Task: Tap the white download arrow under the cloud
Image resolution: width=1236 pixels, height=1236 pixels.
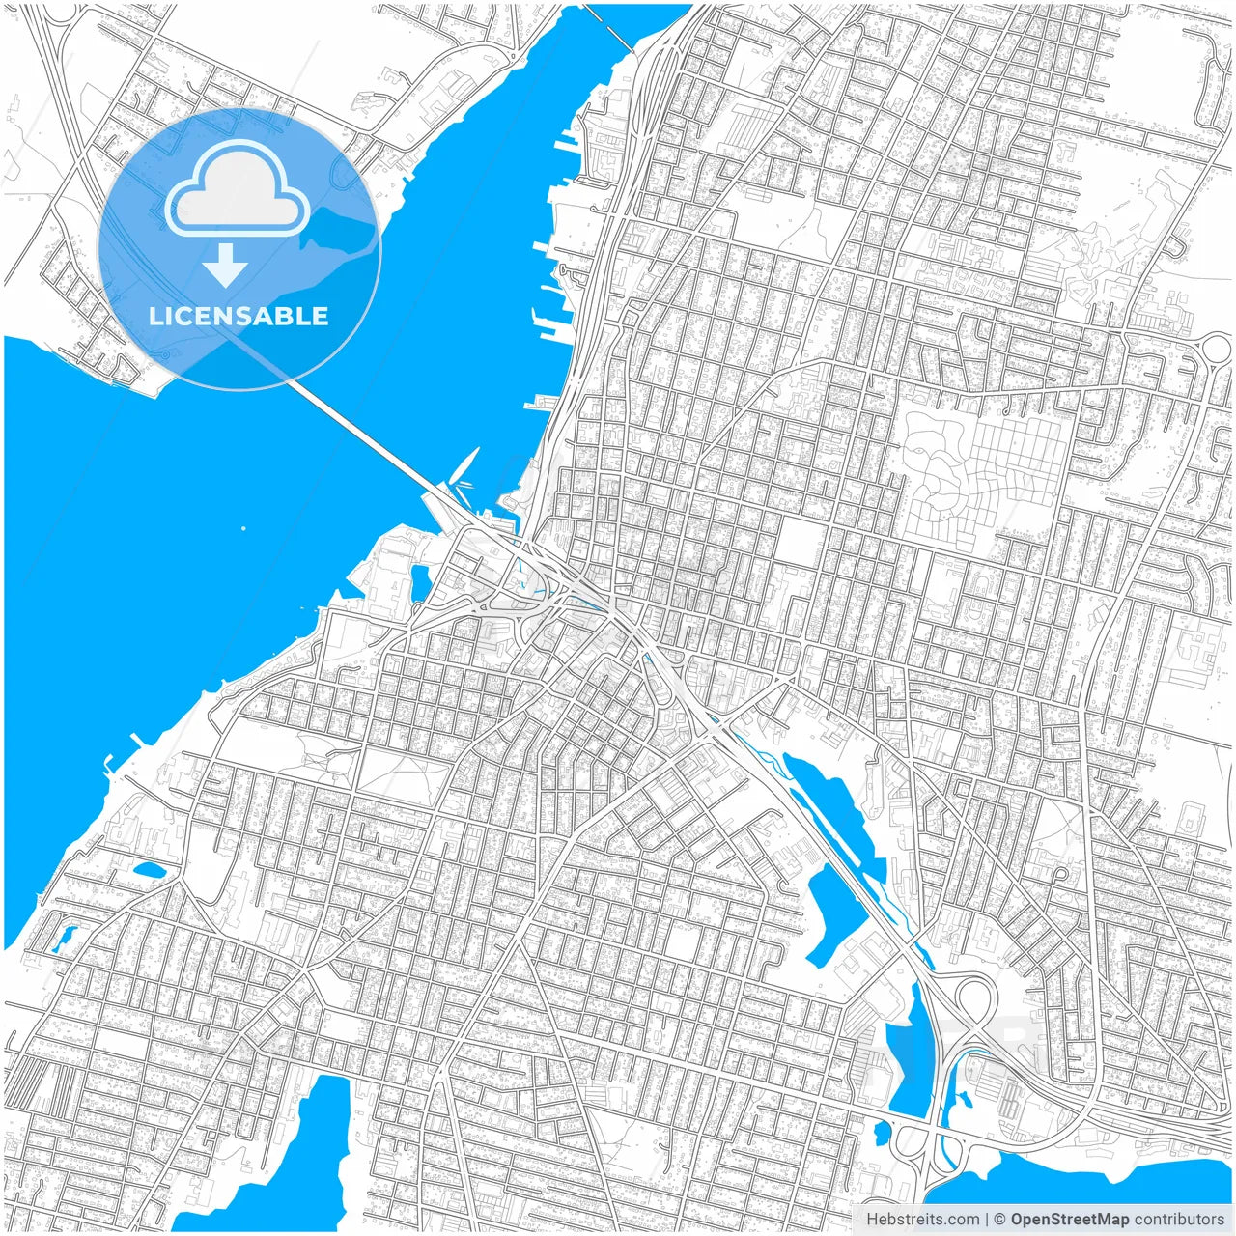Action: pos(225,267)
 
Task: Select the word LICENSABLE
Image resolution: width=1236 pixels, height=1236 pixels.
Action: pos(239,316)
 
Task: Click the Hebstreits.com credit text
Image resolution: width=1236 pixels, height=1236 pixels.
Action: pos(923,1220)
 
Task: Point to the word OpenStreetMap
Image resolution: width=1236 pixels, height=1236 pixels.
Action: pos(1070,1220)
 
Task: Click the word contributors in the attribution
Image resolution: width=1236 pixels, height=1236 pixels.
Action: pos(1179,1220)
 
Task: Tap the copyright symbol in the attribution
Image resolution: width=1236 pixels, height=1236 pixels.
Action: pos(1000,1220)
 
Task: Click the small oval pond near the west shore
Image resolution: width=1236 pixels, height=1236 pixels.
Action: pos(150,871)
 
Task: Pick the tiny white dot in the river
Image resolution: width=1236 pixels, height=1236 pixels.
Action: pos(243,528)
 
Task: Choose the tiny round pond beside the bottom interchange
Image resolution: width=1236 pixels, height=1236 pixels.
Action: pos(882,1128)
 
